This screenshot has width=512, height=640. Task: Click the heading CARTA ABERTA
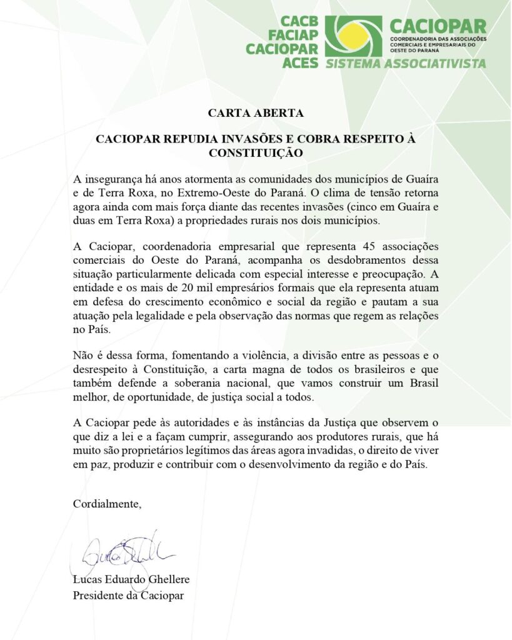coord(256,113)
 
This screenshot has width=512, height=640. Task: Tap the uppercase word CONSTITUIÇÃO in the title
coord(256,152)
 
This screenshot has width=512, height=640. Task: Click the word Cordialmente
coord(107,504)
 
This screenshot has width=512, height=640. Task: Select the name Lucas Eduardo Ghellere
coord(131,580)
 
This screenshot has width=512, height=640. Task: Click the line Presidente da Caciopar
coord(129,595)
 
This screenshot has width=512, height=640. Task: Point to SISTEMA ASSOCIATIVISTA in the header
coord(404,63)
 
